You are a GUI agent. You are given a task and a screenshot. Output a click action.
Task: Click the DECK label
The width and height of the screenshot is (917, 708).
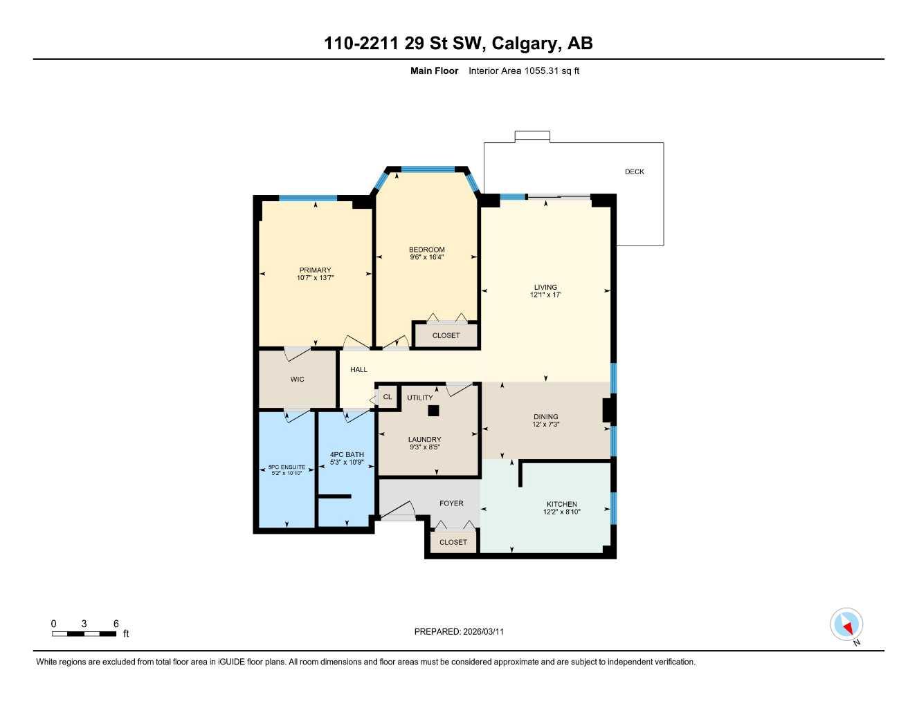634,171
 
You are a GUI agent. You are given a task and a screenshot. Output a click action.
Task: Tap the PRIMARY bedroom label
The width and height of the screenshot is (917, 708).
315,270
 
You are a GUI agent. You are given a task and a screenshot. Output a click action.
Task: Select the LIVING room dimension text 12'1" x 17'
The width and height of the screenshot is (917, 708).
545,295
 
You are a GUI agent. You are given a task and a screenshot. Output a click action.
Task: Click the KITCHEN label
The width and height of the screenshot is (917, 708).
561,504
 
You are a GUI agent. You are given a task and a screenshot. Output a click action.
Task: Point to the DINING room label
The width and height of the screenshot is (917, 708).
545,416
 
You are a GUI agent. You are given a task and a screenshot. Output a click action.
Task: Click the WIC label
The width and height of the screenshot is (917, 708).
297,379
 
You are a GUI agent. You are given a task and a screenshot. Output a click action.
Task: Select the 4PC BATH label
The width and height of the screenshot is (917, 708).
347,454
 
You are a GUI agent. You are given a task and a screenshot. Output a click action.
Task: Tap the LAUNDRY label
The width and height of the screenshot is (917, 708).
424,439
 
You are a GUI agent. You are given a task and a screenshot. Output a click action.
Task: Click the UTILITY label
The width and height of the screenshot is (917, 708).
419,398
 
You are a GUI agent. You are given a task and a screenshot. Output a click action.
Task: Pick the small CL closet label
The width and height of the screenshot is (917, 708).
387,397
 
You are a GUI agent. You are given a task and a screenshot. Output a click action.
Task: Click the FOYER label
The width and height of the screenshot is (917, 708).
451,503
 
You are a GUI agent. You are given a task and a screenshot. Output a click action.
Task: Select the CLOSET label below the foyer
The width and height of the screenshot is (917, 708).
453,542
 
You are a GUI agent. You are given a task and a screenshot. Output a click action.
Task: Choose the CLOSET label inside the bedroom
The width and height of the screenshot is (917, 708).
446,335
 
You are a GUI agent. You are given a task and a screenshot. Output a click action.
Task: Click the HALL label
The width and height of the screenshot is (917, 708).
358,369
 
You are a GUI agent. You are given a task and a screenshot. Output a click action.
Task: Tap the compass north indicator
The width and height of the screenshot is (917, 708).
846,625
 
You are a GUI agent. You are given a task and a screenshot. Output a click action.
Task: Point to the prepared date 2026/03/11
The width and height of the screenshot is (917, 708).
459,631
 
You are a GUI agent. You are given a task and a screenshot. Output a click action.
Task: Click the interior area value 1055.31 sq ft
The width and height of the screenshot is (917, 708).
524,71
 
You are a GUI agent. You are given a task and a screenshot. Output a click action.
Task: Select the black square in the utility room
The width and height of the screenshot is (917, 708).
433,411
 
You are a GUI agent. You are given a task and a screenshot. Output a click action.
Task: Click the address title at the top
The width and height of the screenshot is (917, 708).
458,44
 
